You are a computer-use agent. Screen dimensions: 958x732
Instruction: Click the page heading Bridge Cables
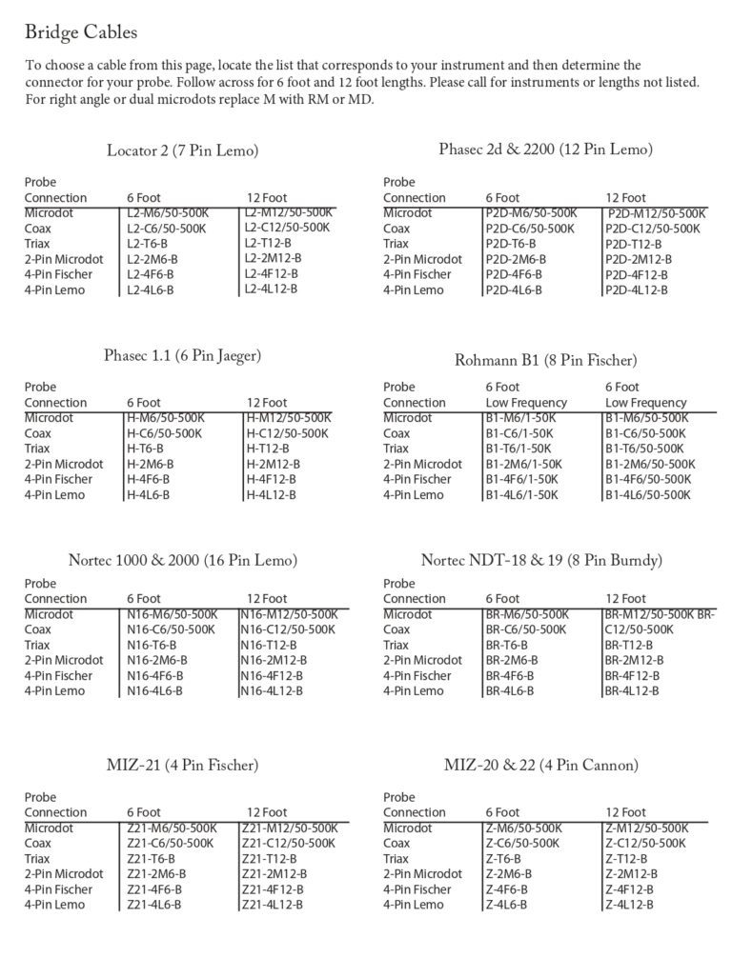81,33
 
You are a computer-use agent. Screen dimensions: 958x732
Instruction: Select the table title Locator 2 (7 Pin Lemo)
183,150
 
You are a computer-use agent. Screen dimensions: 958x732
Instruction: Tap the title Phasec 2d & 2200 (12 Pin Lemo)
546,150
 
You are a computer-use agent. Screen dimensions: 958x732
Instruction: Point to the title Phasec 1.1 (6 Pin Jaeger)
182,356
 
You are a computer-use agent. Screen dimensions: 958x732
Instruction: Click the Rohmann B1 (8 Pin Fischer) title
546,360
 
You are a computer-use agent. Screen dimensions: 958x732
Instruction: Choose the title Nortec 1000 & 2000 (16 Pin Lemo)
183,559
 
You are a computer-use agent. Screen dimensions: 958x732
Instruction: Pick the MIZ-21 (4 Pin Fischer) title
183,765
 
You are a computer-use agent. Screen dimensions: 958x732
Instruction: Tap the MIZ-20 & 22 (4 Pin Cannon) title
541,765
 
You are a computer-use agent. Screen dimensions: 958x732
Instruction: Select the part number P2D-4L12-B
637,289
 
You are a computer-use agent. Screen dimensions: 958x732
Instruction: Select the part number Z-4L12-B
629,905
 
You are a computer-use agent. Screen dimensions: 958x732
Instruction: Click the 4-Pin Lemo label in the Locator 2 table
54,289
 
